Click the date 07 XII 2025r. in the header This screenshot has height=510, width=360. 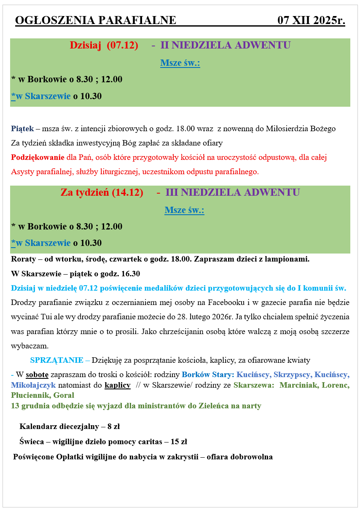(x=311, y=20)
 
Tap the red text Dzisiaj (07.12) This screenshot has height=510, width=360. (x=104, y=45)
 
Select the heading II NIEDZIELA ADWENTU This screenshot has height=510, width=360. (x=226, y=45)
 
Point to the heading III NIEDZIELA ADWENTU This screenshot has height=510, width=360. (x=233, y=192)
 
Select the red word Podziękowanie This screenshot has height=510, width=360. (x=38, y=157)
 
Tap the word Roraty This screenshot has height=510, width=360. (x=23, y=259)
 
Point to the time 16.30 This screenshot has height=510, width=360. (x=130, y=274)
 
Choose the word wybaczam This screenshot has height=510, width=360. (x=30, y=346)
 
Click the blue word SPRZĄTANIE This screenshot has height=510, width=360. (x=56, y=360)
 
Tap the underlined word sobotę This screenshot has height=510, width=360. (x=37, y=374)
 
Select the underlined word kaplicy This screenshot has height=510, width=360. (x=118, y=385)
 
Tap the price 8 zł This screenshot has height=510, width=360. (x=113, y=426)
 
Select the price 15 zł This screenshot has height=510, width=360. (x=179, y=442)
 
